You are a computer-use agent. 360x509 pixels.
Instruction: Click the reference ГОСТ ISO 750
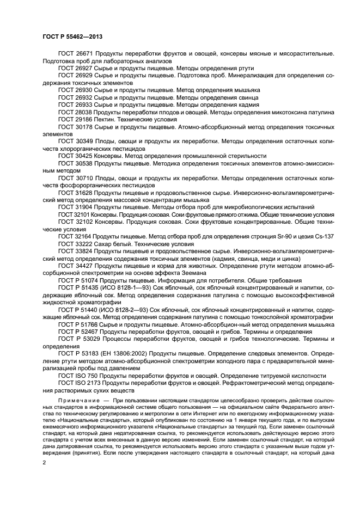(x=77, y=376)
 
